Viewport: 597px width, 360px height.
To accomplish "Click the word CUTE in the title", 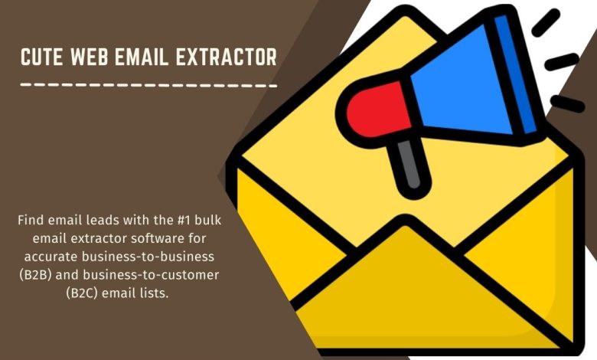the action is tap(41, 57).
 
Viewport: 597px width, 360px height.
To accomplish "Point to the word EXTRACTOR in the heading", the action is tap(226, 57).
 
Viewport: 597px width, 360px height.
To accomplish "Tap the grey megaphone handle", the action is tap(410, 165).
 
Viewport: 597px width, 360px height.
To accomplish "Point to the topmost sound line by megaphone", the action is tap(546, 23).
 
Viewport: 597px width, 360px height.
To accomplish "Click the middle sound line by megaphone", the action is tap(562, 62).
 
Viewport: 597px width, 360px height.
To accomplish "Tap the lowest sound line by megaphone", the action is tap(568, 104).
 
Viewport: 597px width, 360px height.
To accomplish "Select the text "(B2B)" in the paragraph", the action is tap(35, 275).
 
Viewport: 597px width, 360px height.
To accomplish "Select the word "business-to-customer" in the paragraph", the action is tap(151, 275).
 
